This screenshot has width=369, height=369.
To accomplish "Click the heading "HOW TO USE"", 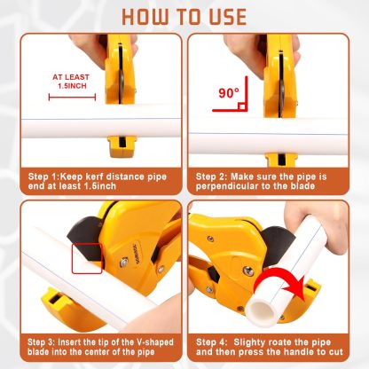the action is coord(184,17).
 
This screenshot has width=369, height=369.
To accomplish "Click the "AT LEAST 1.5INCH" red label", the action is coord(71,82).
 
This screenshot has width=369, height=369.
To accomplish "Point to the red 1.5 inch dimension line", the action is coord(72,97).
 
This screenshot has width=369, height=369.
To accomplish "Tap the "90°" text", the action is coord(229,93).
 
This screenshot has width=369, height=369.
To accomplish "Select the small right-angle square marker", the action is coord(241,106).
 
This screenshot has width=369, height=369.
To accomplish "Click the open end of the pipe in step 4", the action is coord(259,312).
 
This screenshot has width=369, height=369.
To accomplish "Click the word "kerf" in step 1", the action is coord(94,177).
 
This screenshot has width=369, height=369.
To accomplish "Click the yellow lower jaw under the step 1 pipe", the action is coord(121,146).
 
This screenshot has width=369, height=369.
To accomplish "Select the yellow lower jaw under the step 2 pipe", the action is coord(279,160).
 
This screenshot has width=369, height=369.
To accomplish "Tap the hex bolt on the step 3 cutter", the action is coord(124,262).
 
